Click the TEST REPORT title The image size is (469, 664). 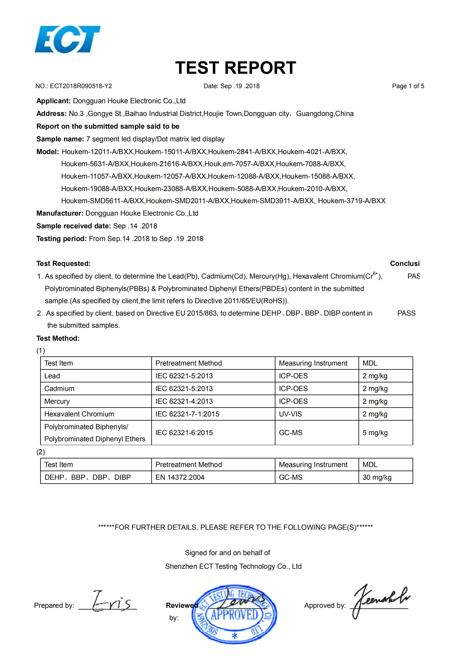tap(235, 68)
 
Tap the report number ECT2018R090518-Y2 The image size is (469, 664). tap(81, 86)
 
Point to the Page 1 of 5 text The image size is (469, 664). tap(408, 86)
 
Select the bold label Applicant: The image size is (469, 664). tap(53, 101)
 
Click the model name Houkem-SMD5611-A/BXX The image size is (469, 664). tap(103, 201)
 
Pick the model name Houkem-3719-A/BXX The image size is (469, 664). tap(352, 201)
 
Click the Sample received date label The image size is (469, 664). tap(73, 226)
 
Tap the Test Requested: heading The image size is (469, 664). tap(63, 264)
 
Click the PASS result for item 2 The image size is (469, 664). tap(406, 313)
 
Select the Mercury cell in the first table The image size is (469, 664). tap(57, 401)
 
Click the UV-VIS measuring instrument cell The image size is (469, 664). tap(290, 414)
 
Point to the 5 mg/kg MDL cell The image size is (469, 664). tap(375, 433)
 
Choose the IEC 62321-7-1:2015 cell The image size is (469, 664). tap(187, 414)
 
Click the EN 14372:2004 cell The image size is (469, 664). tap(180, 477)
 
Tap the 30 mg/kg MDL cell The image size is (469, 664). tap(377, 477)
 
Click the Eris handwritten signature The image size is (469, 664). tap(111, 601)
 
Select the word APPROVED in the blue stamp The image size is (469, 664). tap(234, 615)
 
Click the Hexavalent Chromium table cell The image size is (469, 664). tap(79, 414)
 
